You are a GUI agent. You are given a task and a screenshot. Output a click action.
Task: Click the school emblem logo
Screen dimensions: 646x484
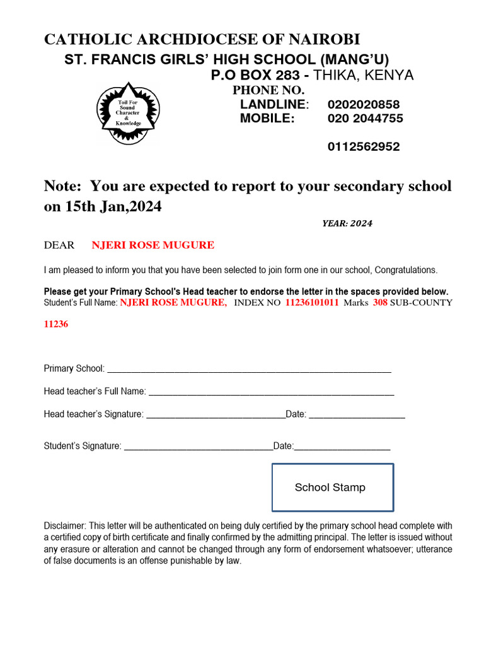click(x=129, y=114)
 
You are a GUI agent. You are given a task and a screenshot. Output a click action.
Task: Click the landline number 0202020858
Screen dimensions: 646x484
click(x=364, y=105)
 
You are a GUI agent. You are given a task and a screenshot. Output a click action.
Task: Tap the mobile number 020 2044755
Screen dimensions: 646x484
click(x=365, y=119)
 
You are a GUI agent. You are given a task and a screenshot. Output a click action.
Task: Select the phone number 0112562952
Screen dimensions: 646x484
click(x=364, y=147)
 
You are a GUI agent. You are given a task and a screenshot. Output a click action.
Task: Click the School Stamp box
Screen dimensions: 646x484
click(x=332, y=487)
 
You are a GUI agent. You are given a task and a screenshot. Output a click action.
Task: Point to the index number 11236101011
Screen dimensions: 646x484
click(x=312, y=303)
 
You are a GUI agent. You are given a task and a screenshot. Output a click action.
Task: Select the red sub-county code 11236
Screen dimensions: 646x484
click(x=56, y=324)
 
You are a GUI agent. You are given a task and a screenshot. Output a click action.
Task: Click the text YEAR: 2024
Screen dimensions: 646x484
click(x=347, y=223)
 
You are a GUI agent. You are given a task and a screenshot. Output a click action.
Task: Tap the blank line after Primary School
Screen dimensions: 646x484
click(x=250, y=370)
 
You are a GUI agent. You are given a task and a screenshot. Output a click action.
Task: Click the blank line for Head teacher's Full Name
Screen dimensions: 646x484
click(x=271, y=393)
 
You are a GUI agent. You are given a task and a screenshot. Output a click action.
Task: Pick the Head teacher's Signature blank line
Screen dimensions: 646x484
click(x=216, y=416)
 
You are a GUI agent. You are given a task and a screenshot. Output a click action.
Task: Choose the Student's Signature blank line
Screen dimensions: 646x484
click(x=199, y=447)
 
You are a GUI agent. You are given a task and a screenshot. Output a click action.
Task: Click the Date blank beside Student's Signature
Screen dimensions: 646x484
click(x=342, y=447)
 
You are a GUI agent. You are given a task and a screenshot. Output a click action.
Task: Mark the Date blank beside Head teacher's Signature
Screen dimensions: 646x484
click(x=357, y=416)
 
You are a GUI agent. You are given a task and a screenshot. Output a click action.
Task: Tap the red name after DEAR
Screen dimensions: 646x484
click(x=153, y=245)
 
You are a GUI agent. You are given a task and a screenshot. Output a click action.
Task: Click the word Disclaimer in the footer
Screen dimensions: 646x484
click(x=65, y=526)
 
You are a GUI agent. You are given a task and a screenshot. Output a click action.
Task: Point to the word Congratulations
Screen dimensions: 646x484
click(x=405, y=270)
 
